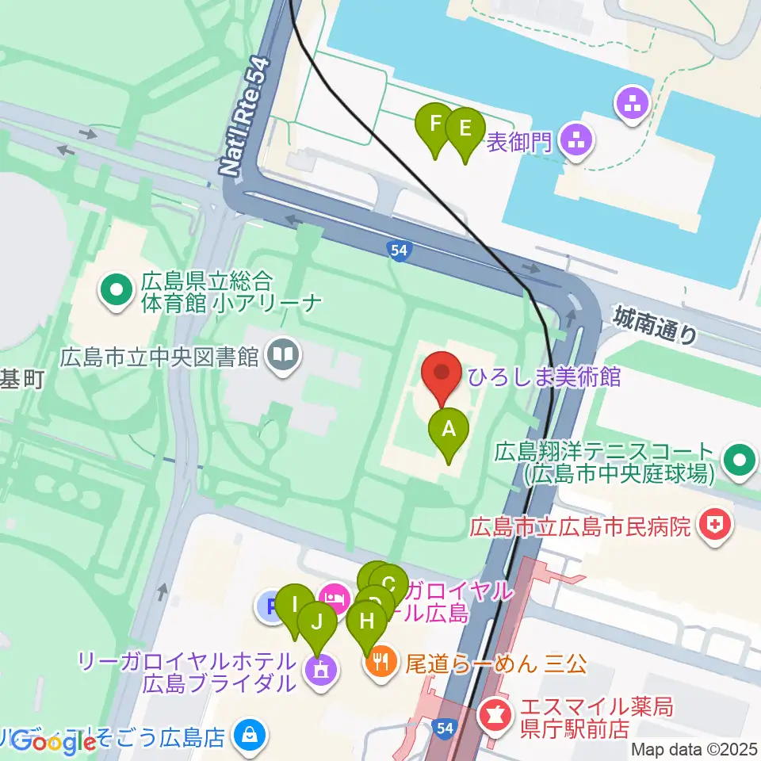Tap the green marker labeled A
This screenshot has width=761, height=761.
click(x=449, y=430)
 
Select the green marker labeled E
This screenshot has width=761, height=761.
click(x=465, y=128)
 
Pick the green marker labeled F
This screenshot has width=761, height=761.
click(x=434, y=124)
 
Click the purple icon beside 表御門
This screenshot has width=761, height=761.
click(x=572, y=142)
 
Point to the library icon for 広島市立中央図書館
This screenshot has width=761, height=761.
click(x=283, y=351)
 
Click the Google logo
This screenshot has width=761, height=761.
click(x=54, y=743)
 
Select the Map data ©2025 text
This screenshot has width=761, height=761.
click(x=694, y=749)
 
